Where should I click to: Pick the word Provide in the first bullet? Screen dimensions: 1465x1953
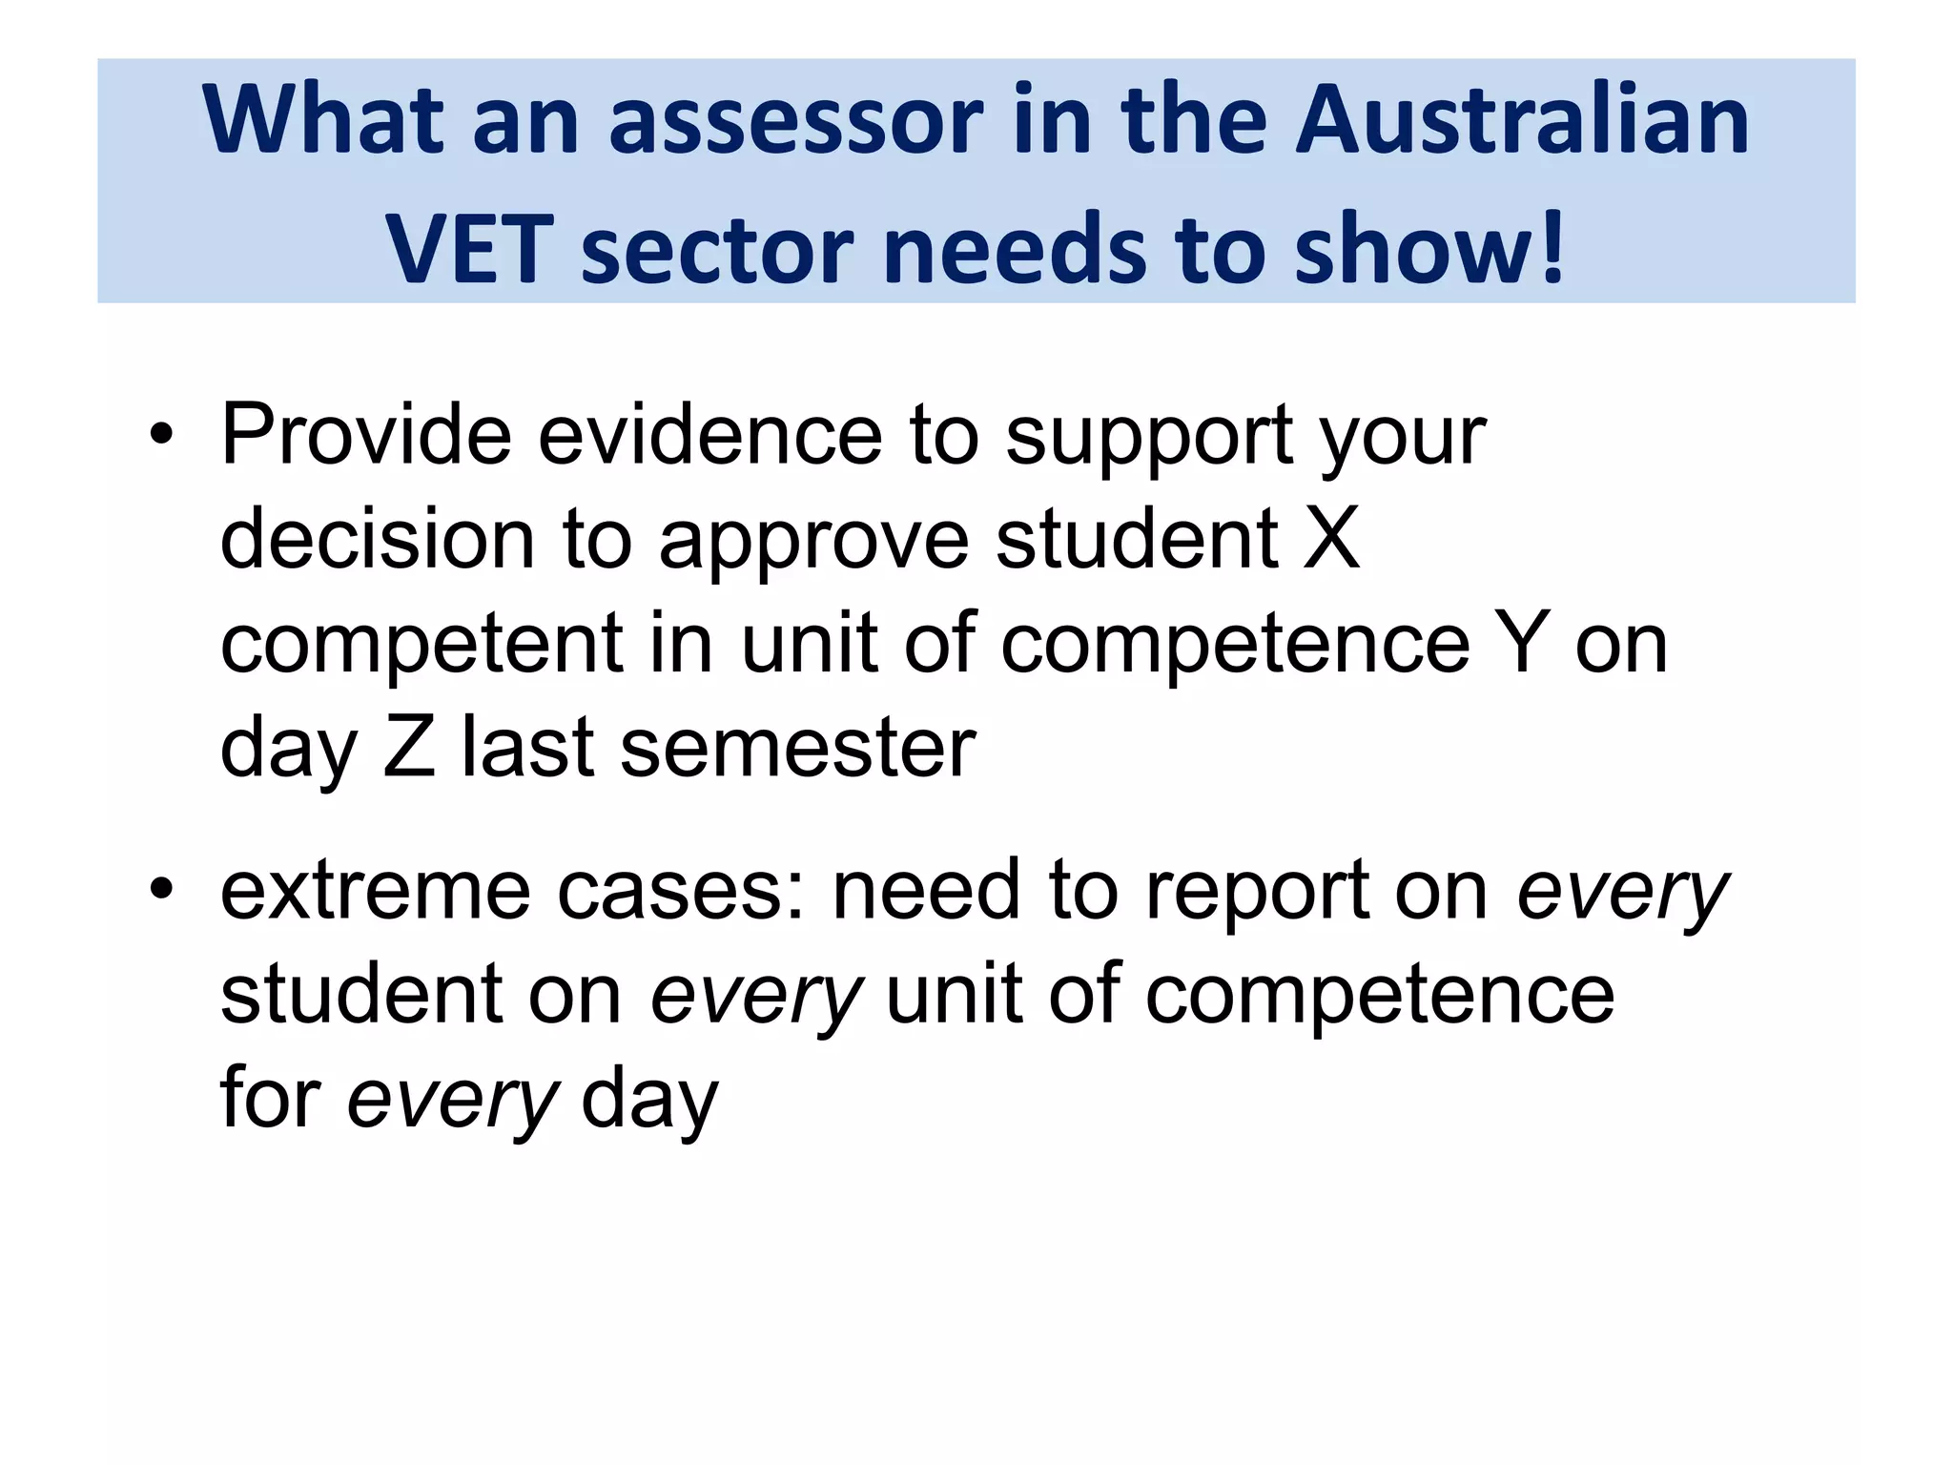[x=366, y=435]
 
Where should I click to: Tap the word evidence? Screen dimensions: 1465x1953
[x=710, y=435]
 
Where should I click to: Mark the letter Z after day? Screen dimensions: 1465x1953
[x=409, y=748]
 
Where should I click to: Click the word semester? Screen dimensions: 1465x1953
[x=797, y=748]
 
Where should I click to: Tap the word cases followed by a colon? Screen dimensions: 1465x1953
[x=681, y=890]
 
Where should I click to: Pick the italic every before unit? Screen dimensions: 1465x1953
[x=756, y=995]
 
